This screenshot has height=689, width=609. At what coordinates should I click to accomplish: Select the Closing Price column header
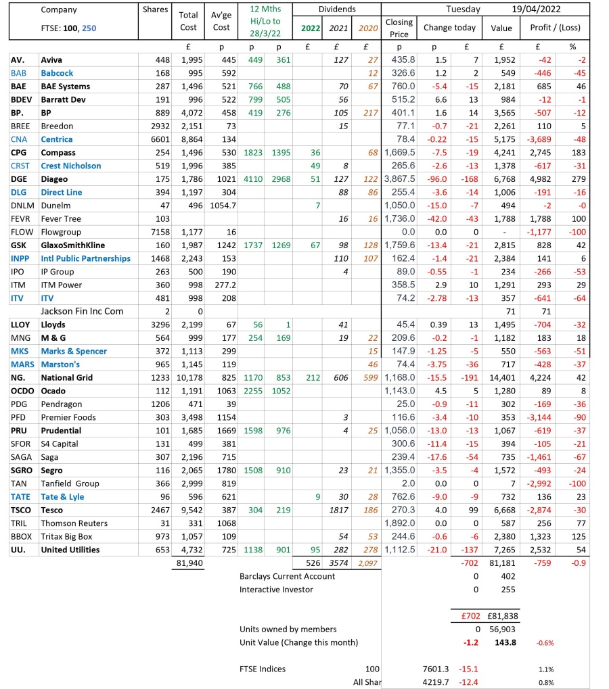click(399, 28)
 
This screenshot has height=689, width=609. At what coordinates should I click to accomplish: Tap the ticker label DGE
click(20, 179)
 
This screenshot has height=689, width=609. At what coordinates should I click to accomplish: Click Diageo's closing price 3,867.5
click(399, 179)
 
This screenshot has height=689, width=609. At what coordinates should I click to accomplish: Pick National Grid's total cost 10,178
click(188, 377)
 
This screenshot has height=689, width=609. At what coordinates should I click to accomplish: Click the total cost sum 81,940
click(188, 563)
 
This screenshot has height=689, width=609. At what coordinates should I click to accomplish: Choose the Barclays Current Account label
click(287, 576)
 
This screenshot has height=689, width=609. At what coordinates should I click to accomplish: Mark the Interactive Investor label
click(276, 590)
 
